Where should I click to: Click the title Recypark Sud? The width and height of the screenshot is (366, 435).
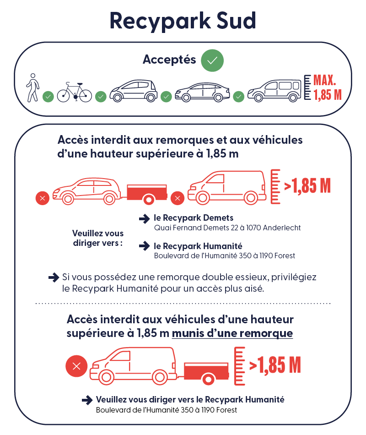(x=183, y=21)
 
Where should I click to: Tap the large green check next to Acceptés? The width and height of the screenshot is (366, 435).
(x=212, y=60)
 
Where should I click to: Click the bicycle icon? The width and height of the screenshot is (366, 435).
(x=74, y=92)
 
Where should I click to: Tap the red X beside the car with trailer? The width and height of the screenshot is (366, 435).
(x=43, y=198)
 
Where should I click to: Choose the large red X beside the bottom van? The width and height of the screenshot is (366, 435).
(x=77, y=366)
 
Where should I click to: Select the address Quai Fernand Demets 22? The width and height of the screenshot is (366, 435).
(x=227, y=228)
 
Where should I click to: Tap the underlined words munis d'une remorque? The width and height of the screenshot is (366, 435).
(x=232, y=333)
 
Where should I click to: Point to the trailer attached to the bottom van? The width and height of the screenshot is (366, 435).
(x=206, y=371)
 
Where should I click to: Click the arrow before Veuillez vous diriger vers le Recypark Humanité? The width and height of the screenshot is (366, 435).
(x=87, y=400)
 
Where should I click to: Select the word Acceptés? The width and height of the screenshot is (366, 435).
(x=169, y=60)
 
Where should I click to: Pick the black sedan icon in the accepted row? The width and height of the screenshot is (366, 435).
(x=202, y=92)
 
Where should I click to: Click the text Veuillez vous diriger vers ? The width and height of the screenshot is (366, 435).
(x=98, y=238)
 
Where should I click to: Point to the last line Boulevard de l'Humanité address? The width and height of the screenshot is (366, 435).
(x=167, y=410)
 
